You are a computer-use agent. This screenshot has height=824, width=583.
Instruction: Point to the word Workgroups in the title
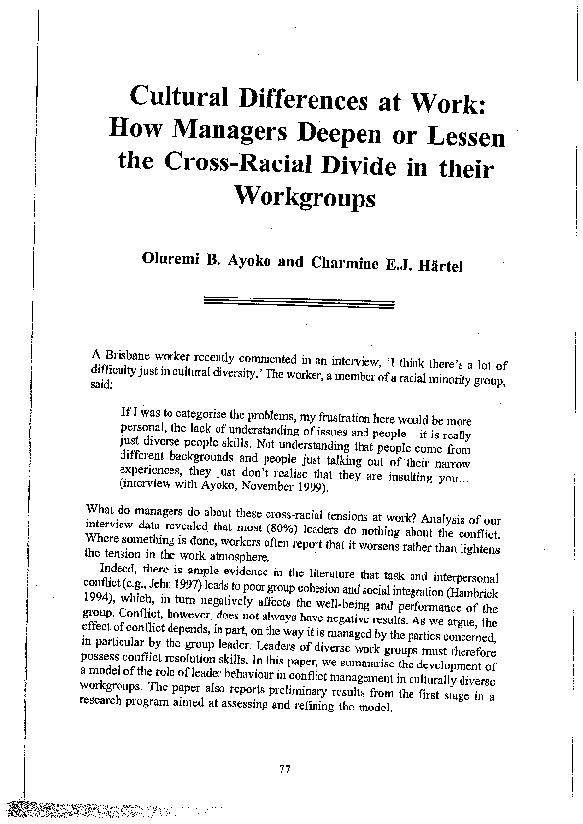[x=306, y=196]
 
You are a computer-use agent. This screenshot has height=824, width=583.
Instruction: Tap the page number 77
[x=285, y=771]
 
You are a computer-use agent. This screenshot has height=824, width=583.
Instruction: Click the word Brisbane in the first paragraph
[x=127, y=351]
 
